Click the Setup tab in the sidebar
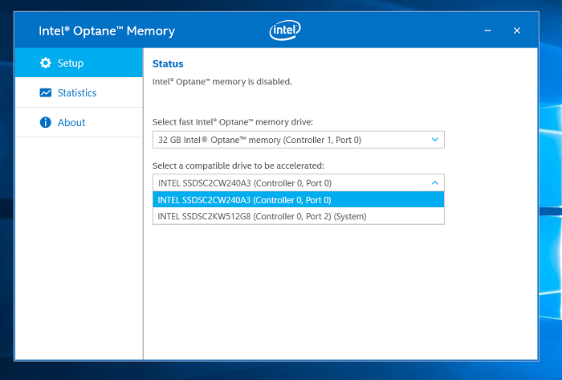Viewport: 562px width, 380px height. [79, 63]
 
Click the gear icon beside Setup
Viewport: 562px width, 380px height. [46, 63]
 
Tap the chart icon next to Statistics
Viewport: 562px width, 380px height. [46, 93]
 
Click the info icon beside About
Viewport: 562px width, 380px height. [46, 122]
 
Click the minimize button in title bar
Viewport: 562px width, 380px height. [488, 31]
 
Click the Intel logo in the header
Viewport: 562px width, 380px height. [285, 30]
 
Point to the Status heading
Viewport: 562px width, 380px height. [168, 63]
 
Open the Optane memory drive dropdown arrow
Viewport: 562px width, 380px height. [435, 140]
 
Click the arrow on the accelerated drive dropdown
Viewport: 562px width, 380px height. [435, 183]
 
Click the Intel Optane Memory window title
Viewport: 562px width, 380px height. [107, 31]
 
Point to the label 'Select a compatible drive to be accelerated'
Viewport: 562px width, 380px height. [238, 165]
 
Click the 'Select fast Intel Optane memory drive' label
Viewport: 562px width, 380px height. [233, 122]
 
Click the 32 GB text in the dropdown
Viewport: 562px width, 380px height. [169, 140]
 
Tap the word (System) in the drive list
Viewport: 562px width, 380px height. [350, 217]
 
